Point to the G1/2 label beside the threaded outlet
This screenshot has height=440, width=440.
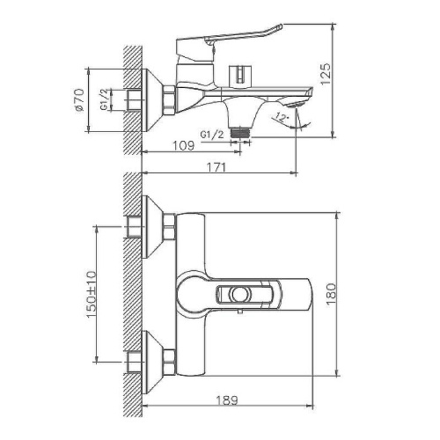(x=211, y=134)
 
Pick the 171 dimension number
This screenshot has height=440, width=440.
(x=217, y=166)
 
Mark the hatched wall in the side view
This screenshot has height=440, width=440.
(x=133, y=97)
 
